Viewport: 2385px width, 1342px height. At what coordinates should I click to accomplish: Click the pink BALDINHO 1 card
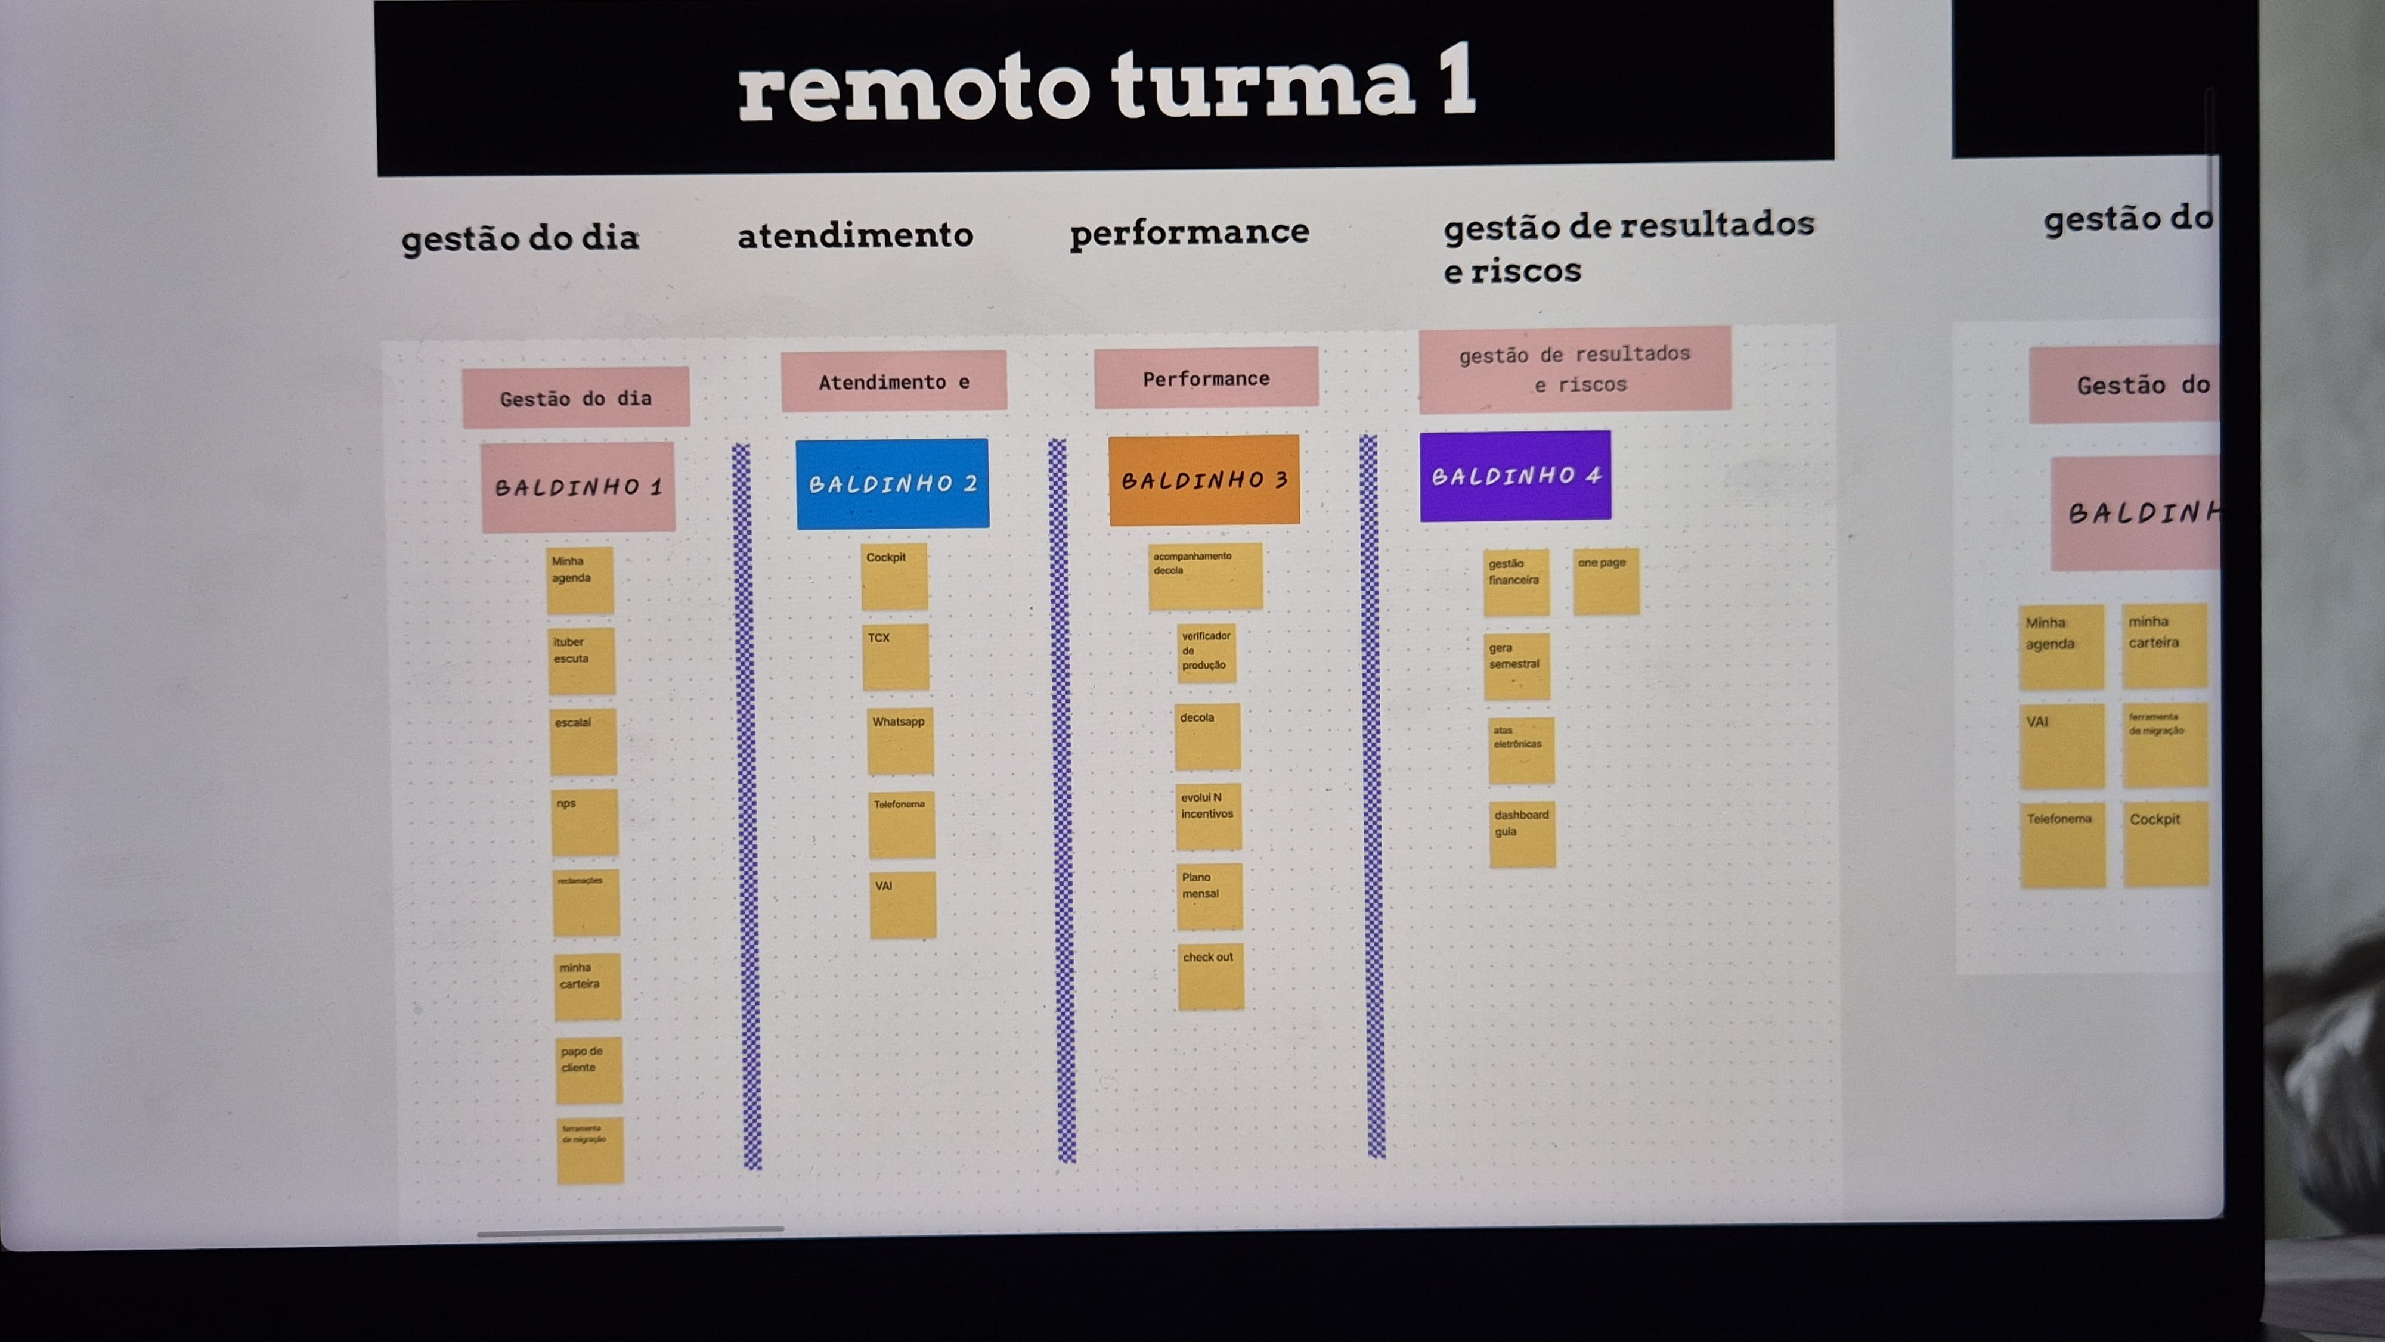578,487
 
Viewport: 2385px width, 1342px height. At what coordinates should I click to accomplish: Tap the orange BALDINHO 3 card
1204,480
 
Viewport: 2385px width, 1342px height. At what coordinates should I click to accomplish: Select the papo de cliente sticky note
589,1070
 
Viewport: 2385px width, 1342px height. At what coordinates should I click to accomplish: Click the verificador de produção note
1206,653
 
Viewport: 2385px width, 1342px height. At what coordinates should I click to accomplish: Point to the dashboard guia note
1522,834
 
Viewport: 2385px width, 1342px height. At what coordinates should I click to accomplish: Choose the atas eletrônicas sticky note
1521,750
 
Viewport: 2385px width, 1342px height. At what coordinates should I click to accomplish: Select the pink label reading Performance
1206,378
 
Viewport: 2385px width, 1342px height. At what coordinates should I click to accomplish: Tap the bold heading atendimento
854,235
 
